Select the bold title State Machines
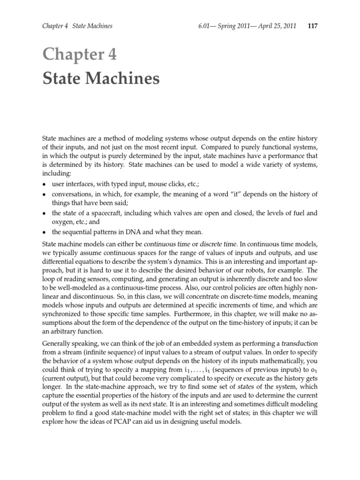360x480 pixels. [x=101, y=78]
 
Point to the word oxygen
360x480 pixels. [x=62, y=222]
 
